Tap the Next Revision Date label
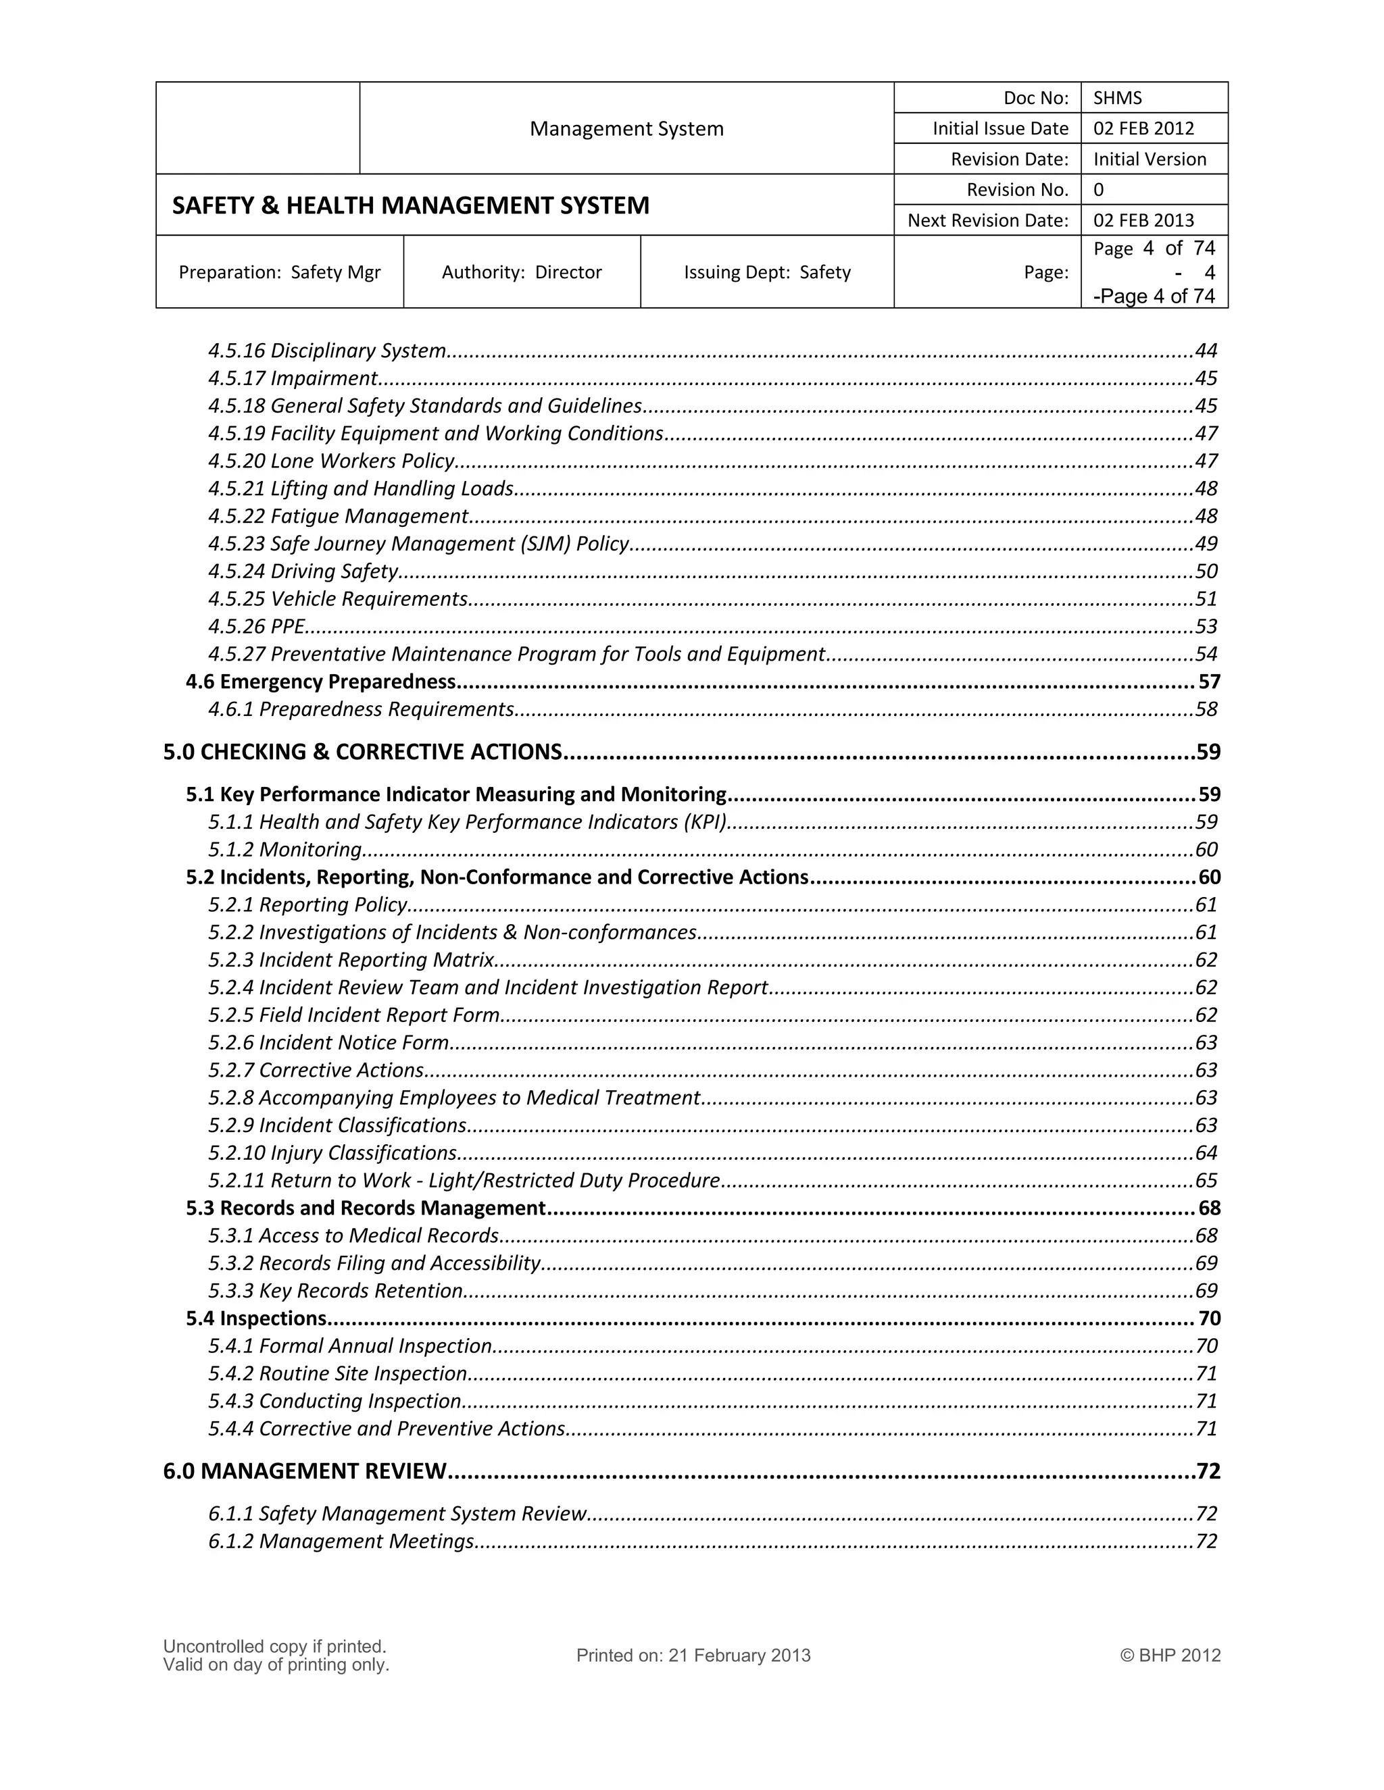tap(987, 220)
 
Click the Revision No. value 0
tap(1099, 190)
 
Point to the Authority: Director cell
tap(522, 272)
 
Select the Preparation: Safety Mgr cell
tap(280, 272)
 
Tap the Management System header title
tap(626, 128)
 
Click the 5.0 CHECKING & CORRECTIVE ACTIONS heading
tap(362, 752)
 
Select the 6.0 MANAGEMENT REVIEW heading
tap(304, 1471)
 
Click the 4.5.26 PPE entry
tap(257, 626)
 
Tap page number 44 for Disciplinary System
tap(1206, 351)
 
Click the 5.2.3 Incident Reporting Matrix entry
tap(351, 960)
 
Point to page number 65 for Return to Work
tap(1206, 1180)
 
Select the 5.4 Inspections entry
tap(256, 1318)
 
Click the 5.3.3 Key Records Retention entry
tap(335, 1291)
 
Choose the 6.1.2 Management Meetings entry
tap(341, 1541)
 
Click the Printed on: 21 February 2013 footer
tap(693, 1656)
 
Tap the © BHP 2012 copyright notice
tap(1170, 1656)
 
